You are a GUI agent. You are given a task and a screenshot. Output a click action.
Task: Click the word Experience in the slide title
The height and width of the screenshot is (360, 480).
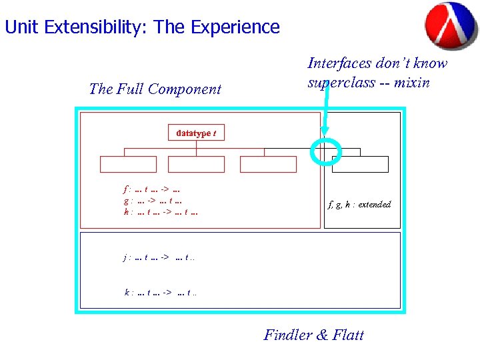235,27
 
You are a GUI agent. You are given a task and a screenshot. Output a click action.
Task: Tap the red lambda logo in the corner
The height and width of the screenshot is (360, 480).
451,25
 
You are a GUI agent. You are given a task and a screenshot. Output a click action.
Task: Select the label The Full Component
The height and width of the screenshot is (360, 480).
155,89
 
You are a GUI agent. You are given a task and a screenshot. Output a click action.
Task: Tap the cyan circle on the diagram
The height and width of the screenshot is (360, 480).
326,151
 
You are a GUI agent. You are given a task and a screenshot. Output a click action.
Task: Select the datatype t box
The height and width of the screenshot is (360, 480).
196,133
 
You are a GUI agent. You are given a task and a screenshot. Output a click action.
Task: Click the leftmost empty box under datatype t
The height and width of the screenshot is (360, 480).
128,164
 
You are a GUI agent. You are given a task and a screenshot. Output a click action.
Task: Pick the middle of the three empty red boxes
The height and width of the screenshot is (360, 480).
196,164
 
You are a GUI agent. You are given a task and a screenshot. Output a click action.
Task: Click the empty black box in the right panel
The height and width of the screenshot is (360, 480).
360,164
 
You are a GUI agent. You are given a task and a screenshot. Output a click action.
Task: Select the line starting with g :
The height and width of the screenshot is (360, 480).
153,200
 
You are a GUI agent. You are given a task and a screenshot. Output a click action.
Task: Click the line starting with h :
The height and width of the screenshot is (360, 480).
161,212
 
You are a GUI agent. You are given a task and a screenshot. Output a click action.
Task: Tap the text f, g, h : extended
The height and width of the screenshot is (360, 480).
359,205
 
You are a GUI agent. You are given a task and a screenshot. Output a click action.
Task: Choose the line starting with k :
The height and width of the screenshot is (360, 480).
161,291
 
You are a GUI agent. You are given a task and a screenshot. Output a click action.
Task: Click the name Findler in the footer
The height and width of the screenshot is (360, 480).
288,335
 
